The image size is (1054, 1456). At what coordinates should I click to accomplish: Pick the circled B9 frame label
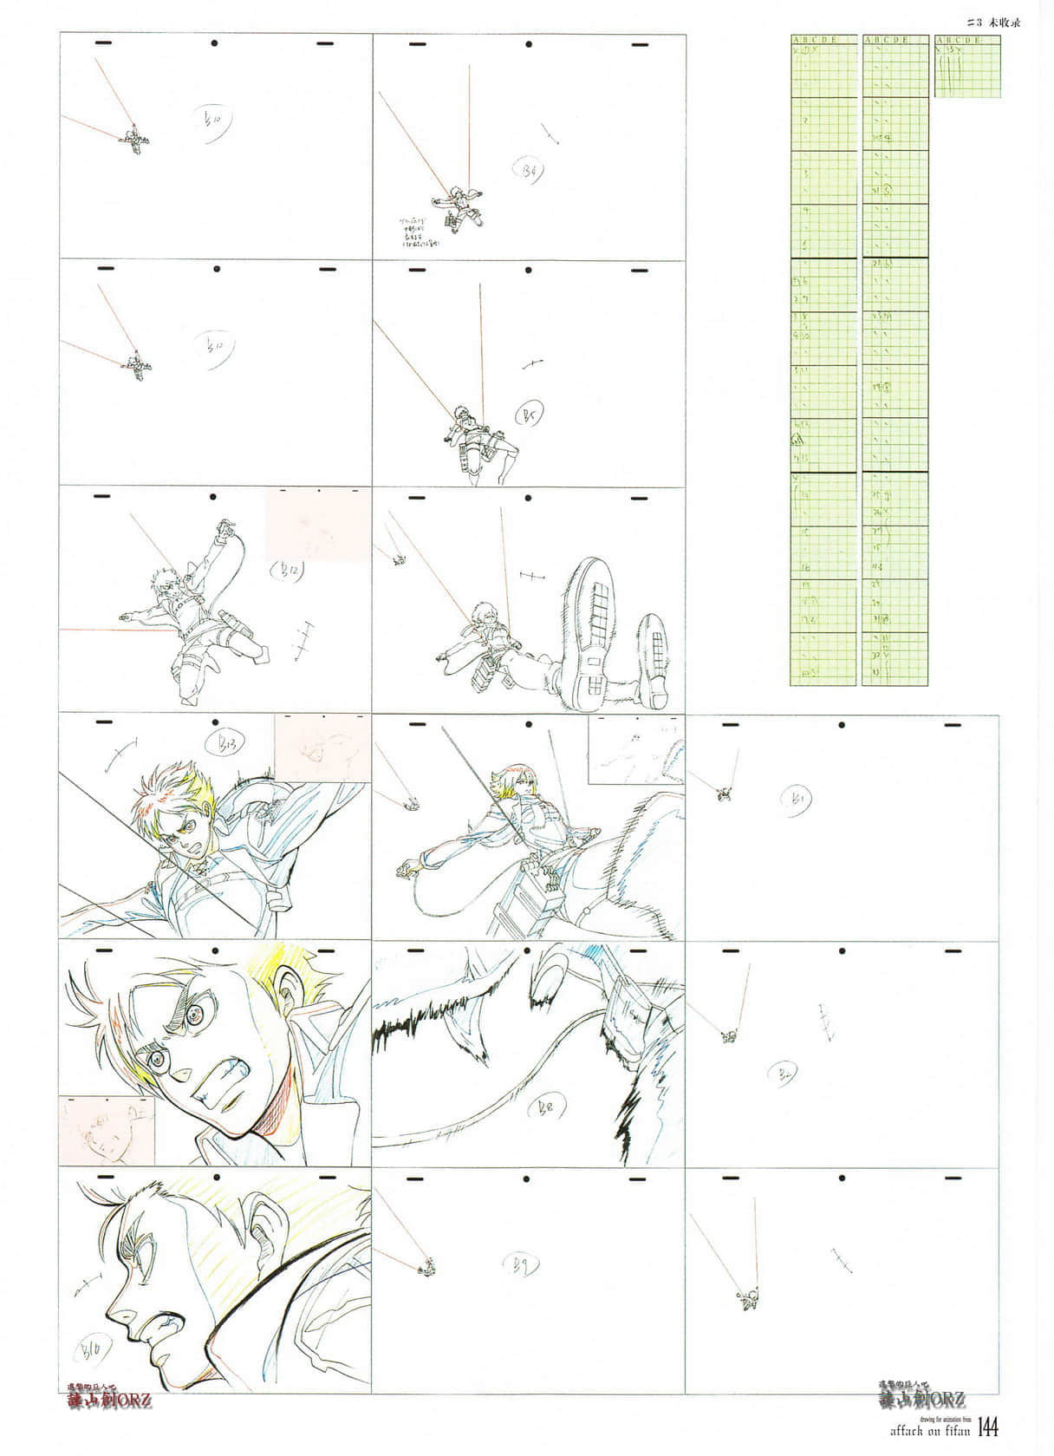pyautogui.click(x=522, y=1264)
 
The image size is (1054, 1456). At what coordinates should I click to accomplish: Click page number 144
pyautogui.click(x=990, y=1427)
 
